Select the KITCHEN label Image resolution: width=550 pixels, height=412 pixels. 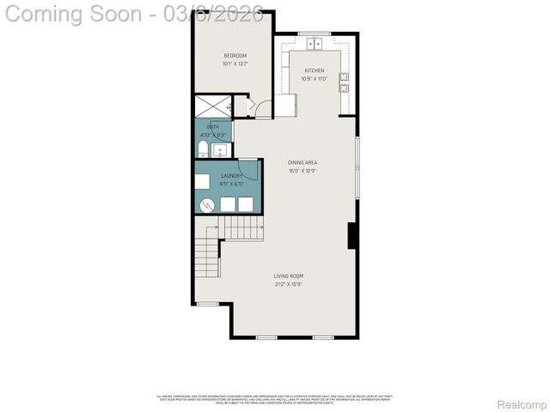315,71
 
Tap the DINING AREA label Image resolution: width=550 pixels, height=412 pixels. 302,162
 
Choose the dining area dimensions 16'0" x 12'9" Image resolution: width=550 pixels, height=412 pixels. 302,170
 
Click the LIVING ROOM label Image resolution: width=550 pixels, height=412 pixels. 289,276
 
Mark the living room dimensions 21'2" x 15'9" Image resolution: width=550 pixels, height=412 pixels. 289,284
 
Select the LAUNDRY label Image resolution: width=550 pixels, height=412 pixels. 219,176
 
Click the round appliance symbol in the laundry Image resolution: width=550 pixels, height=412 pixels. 207,204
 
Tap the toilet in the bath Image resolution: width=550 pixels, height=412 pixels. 202,151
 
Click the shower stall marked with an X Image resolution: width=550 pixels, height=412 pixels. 212,107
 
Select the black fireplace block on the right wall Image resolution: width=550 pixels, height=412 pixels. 351,235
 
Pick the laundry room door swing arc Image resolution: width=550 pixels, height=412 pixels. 247,171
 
